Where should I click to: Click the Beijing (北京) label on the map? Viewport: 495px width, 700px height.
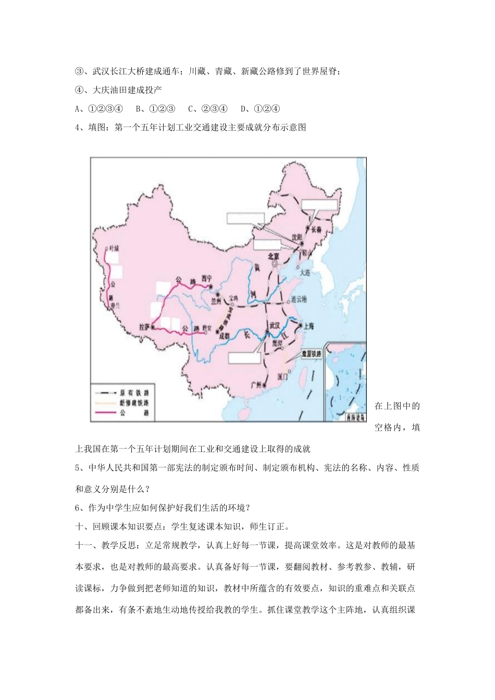pyautogui.click(x=274, y=256)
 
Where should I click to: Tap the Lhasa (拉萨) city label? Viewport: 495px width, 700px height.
pyautogui.click(x=144, y=327)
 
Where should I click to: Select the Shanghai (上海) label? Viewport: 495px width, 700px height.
pyautogui.click(x=308, y=326)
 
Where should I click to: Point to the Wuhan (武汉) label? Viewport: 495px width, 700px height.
pyautogui.click(x=275, y=324)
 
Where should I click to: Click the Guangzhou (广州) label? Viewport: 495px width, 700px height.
pyautogui.click(x=256, y=384)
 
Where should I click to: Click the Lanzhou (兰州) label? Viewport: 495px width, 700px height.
pyautogui.click(x=216, y=301)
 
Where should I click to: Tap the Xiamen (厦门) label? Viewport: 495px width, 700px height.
pyautogui.click(x=284, y=376)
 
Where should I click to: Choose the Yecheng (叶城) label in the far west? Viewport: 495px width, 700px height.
pyautogui.click(x=114, y=248)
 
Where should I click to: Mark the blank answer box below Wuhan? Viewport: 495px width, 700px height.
pyautogui.click(x=244, y=357)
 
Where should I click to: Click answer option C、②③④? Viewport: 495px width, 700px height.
pyautogui.click(x=208, y=109)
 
